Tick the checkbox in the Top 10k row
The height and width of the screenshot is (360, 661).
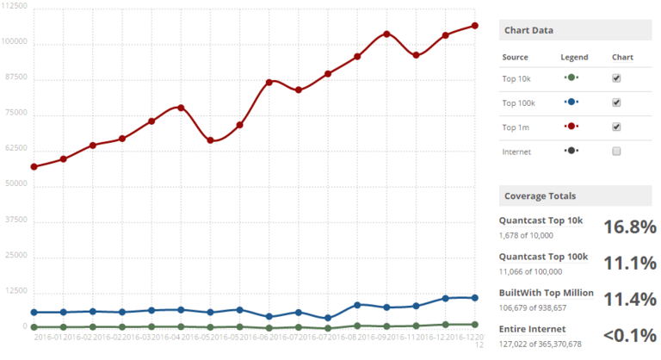pyautogui.click(x=616, y=78)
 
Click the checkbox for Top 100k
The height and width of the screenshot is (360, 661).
pyautogui.click(x=616, y=102)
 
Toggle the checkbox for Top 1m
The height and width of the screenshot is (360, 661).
pyautogui.click(x=616, y=127)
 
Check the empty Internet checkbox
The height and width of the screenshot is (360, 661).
pyautogui.click(x=616, y=151)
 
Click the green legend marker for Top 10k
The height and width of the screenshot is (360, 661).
pyautogui.click(x=571, y=78)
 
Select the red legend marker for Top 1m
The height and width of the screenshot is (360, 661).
pyautogui.click(x=571, y=127)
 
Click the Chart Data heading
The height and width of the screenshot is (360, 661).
pyautogui.click(x=530, y=31)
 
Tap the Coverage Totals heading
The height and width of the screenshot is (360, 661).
pyautogui.click(x=541, y=196)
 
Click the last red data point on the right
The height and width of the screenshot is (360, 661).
pyautogui.click(x=475, y=26)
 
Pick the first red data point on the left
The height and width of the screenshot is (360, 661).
pyautogui.click(x=34, y=166)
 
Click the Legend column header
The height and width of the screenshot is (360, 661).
pyautogui.click(x=573, y=57)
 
